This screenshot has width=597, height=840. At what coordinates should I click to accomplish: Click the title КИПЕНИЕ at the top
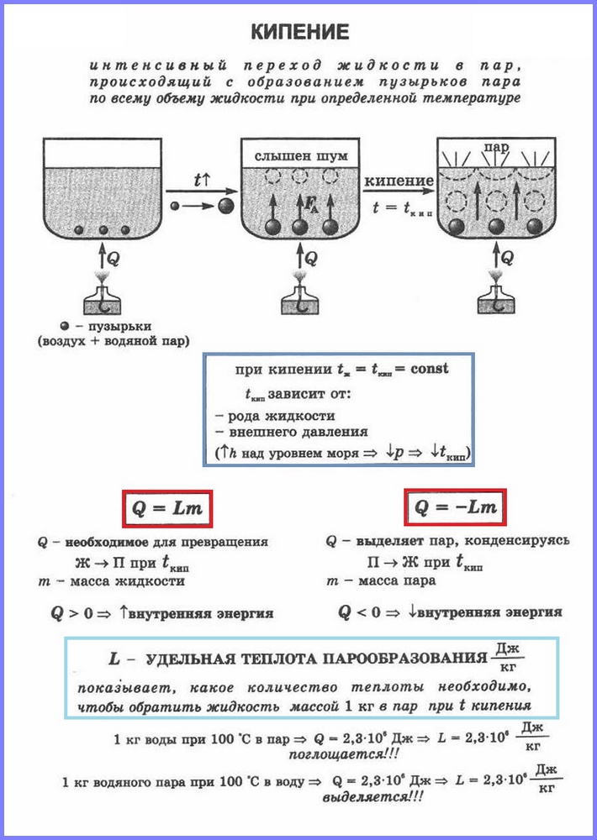[x=299, y=33]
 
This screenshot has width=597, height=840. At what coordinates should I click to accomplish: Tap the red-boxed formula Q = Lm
[x=166, y=508]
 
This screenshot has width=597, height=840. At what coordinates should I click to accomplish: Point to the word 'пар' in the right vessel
[x=495, y=148]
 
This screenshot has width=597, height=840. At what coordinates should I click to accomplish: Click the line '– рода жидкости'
[x=275, y=415]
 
